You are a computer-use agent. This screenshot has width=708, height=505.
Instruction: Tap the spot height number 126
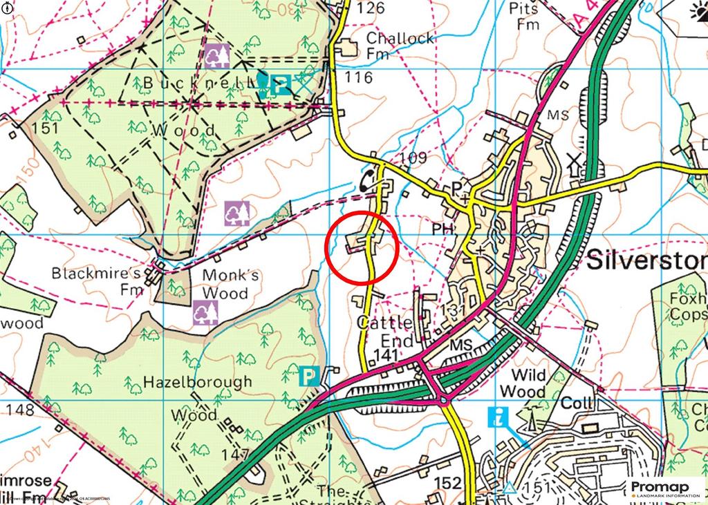pyautogui.click(x=371, y=8)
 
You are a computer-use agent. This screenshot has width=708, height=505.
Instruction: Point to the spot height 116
pyautogui.click(x=359, y=77)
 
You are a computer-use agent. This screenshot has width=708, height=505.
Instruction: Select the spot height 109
pyautogui.click(x=413, y=158)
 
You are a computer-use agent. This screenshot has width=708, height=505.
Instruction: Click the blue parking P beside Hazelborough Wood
pyautogui.click(x=308, y=377)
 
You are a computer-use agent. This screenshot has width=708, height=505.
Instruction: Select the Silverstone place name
pyautogui.click(x=646, y=261)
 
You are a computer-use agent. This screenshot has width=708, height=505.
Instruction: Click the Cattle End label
pyautogui.click(x=384, y=332)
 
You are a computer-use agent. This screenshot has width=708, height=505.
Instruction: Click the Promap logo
pyautogui.click(x=664, y=488)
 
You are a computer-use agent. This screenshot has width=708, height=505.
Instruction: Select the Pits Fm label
pyautogui.click(x=523, y=16)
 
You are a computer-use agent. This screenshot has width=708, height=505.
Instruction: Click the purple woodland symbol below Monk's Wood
pyautogui.click(x=206, y=313)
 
